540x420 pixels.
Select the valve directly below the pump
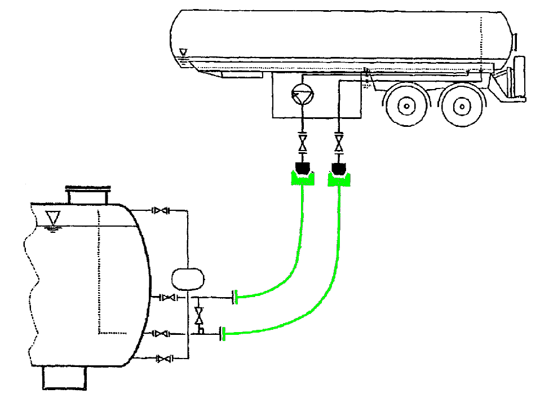click(303, 140)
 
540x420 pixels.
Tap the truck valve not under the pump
click(338, 140)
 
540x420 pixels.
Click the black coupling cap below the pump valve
click(303, 167)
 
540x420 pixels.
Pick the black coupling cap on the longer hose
click(339, 167)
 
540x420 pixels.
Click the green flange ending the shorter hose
click(235, 296)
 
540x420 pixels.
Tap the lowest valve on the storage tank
click(163, 359)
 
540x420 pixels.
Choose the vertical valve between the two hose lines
click(198, 316)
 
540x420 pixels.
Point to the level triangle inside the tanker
click(183, 52)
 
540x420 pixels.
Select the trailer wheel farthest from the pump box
click(462, 105)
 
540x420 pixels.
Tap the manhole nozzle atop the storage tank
click(87, 196)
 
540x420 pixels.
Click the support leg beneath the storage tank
click(66, 377)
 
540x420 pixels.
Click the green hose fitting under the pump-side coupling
click(303, 179)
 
